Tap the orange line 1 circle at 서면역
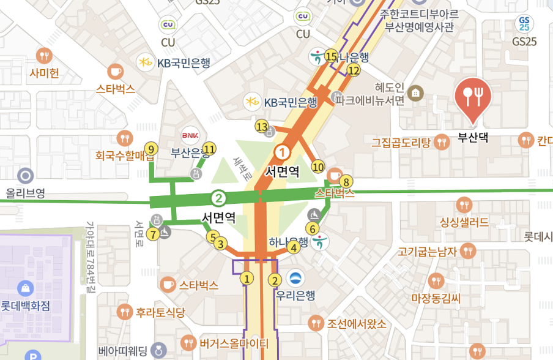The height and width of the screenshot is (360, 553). tap(282, 152)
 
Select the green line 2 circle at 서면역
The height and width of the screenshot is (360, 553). tap(218, 198)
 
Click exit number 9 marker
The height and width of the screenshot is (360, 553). tap(152, 149)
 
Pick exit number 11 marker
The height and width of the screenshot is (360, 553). tap(210, 149)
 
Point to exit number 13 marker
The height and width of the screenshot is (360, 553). tap(262, 127)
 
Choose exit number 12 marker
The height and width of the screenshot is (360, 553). tap(354, 70)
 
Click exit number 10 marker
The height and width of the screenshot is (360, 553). tap(317, 167)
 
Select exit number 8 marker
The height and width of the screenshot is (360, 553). tap(346, 182)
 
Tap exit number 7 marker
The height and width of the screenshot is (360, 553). tap(153, 233)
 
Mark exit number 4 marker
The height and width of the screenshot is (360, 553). tap(294, 247)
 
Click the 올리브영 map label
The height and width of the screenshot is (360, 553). tap(26, 193)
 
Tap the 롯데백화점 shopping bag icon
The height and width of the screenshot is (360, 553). tap(25, 287)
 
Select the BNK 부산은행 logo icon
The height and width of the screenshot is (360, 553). tap(189, 134)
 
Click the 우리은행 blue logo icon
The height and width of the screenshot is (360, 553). tap(295, 278)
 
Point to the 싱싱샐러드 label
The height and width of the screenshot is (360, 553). tap(464, 222)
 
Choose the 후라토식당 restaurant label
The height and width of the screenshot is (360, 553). tap(161, 312)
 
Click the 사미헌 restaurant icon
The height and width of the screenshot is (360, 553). tap(44, 56)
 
